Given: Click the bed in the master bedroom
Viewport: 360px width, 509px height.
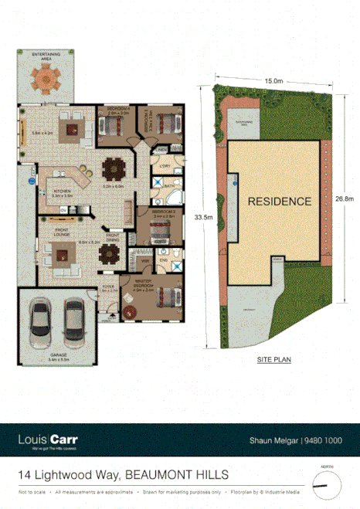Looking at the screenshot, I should click(x=167, y=297).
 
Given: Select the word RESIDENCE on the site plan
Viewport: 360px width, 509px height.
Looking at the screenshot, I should click(x=280, y=201).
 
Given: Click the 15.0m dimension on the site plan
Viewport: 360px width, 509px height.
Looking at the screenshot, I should click(x=272, y=80).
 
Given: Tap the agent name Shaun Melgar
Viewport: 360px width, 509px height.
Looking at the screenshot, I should click(x=276, y=439).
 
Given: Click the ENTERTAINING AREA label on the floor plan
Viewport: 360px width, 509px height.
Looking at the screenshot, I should click(x=47, y=55).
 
